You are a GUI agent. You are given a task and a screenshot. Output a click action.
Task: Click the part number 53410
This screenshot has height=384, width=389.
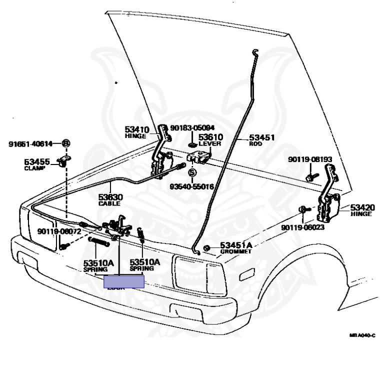[x=136, y=129]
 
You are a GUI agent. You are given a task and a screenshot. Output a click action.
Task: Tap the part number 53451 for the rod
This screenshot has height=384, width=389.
[x=262, y=137]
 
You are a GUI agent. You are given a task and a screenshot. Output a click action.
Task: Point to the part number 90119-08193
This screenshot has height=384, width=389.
[x=310, y=159]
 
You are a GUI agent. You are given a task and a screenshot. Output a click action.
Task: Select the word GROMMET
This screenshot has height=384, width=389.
[x=236, y=251]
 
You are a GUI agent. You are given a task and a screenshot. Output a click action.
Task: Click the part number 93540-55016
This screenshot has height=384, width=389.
[x=191, y=186]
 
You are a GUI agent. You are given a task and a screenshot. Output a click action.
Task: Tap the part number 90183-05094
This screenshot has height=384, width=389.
[x=192, y=127]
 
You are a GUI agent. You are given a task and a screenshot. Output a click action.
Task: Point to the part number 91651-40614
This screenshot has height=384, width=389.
[x=30, y=144]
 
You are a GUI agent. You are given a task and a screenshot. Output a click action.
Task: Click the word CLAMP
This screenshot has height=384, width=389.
[x=35, y=168]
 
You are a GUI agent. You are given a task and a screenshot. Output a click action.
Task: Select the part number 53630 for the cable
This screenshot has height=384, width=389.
[x=110, y=197]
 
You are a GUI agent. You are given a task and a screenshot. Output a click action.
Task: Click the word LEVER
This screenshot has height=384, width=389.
[x=210, y=144]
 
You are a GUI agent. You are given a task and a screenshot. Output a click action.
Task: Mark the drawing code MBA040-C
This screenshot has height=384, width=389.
[x=362, y=336]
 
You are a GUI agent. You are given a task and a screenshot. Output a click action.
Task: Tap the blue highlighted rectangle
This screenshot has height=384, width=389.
[x=123, y=282]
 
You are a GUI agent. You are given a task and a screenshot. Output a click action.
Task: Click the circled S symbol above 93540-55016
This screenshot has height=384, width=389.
[x=191, y=172]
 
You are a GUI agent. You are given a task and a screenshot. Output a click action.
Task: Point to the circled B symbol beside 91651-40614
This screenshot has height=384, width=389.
[x=65, y=144]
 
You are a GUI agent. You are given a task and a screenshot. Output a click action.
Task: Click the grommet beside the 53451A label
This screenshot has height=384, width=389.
[x=206, y=248]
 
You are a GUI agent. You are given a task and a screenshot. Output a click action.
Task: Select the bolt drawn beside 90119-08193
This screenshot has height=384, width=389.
[x=310, y=176]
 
